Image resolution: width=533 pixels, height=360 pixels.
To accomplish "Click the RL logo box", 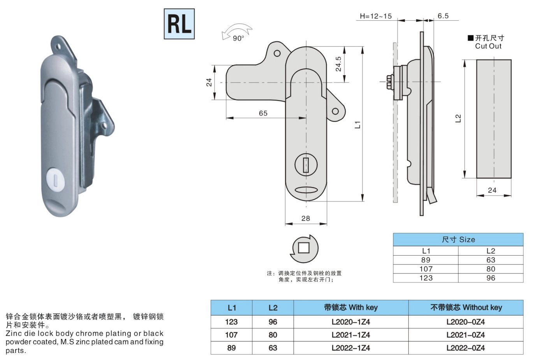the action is coord(179,24).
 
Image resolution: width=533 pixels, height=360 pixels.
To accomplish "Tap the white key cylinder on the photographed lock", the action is coord(55,179).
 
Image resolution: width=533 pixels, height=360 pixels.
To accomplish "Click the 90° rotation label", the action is coord(238,38).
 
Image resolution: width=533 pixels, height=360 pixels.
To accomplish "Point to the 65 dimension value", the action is coord(263,113).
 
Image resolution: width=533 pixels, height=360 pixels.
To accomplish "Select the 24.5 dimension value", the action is coord(338,64).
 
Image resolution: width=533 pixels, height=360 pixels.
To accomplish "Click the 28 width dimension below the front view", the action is coord(306,218).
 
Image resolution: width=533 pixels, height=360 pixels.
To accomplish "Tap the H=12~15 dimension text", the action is coord(376,16).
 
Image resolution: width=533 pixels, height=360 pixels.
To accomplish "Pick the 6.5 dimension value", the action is coord(443,16).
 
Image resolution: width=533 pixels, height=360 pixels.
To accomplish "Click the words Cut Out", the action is coord(488,46).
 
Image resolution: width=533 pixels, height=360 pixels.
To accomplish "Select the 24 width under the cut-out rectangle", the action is coord(492,190).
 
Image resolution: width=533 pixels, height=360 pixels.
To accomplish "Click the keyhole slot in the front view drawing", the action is coord(306,165).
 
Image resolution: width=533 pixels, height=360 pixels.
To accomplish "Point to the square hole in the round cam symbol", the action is coord(304,248).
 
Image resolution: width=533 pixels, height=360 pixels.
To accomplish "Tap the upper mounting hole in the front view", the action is coord(277,53).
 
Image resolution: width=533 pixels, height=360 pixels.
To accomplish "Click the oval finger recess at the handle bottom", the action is coord(306,190).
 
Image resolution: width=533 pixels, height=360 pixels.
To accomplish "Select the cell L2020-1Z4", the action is coord(351,322).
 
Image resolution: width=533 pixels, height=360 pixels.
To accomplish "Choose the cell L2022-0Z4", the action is coord(466,348).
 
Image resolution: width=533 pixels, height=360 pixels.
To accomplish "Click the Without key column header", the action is coord(466,307).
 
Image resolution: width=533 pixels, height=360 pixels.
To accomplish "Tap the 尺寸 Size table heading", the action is coord(458,240).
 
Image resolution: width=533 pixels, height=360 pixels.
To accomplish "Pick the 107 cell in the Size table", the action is coord(426,269).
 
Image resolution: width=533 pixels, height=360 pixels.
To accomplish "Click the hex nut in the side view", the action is coord(390,82).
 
